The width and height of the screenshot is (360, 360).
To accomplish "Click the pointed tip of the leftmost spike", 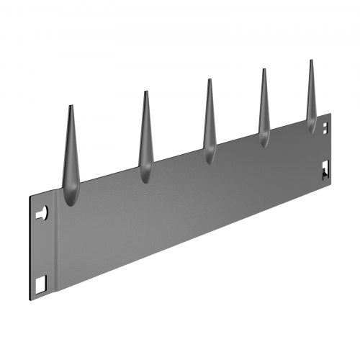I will (x=71, y=107).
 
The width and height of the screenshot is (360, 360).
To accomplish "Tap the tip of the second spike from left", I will (x=145, y=92).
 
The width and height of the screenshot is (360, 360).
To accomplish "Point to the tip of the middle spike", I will (x=210, y=80).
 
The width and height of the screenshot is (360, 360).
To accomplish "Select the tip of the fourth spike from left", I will (x=264, y=69).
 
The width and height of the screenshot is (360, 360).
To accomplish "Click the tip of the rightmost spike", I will (x=311, y=60).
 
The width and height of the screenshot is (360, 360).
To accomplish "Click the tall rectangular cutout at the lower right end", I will (x=325, y=169).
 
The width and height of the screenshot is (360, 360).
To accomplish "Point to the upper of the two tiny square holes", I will (x=325, y=124).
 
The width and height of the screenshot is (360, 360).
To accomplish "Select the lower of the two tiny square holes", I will (x=325, y=132).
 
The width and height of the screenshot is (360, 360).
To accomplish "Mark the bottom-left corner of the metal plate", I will (x=30, y=300).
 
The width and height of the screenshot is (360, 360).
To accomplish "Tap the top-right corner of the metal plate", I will (x=330, y=113).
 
